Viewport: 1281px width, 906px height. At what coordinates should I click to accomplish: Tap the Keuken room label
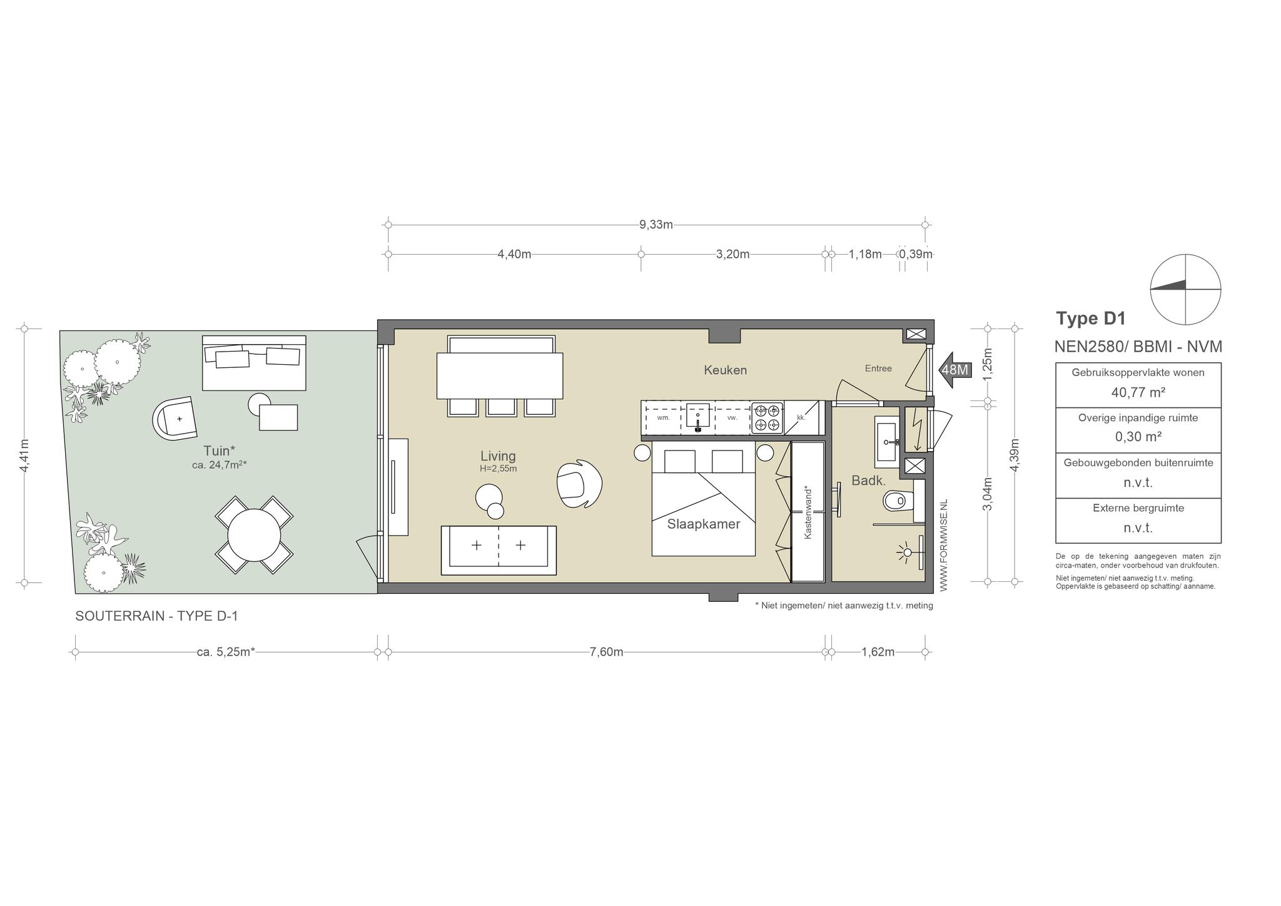[x=725, y=370]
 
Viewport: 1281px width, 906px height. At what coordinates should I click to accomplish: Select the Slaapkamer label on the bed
[x=704, y=524]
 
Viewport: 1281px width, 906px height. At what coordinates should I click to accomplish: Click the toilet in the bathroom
[x=898, y=501]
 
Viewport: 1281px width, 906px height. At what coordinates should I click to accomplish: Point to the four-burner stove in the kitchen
[x=767, y=418]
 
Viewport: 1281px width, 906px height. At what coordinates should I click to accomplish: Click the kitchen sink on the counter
[x=698, y=417]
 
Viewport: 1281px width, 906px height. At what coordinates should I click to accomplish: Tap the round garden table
[x=254, y=536]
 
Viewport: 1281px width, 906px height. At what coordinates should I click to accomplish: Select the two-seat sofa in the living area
[x=499, y=550]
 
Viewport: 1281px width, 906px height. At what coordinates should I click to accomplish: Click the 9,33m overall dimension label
[x=656, y=225]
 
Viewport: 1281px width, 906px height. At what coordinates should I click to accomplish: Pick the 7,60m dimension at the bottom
[x=606, y=652]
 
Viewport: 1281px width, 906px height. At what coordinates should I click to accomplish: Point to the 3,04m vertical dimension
[x=988, y=494]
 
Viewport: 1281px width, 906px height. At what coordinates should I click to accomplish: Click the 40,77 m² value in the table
[x=1138, y=392]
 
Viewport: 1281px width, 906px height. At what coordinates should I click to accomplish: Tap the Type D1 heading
[x=1091, y=318]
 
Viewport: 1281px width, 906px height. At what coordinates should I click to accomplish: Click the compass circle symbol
[x=1185, y=255]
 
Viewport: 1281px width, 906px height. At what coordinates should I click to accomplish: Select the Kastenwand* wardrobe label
[x=808, y=512]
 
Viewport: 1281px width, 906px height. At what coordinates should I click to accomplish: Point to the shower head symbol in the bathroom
[x=905, y=552]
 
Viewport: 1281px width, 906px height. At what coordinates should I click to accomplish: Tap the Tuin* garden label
[x=219, y=450]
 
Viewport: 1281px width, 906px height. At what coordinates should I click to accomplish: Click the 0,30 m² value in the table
[x=1138, y=437]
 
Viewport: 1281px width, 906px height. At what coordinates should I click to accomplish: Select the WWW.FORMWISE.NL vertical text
[x=944, y=545]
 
